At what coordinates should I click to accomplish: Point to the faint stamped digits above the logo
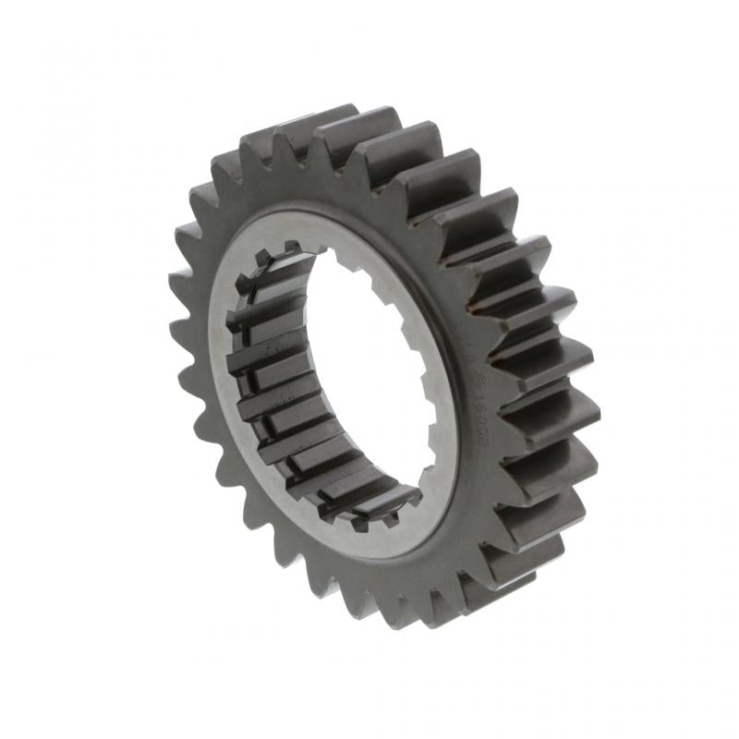(466, 346)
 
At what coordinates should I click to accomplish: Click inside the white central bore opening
(369, 369)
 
